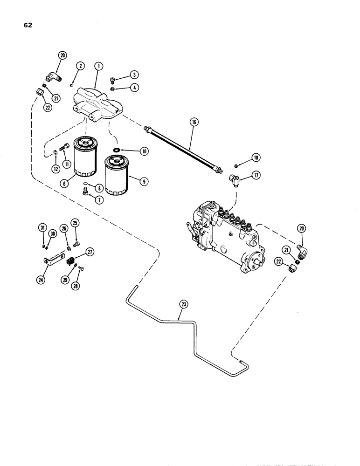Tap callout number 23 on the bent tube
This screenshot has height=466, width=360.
182,306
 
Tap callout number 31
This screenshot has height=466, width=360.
42,227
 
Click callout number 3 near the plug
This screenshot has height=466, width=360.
134,74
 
